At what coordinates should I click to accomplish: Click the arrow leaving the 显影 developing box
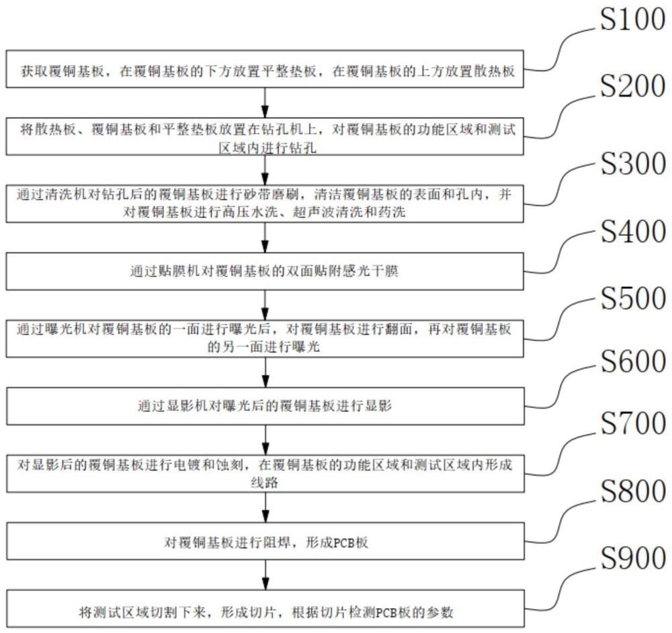266,437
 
